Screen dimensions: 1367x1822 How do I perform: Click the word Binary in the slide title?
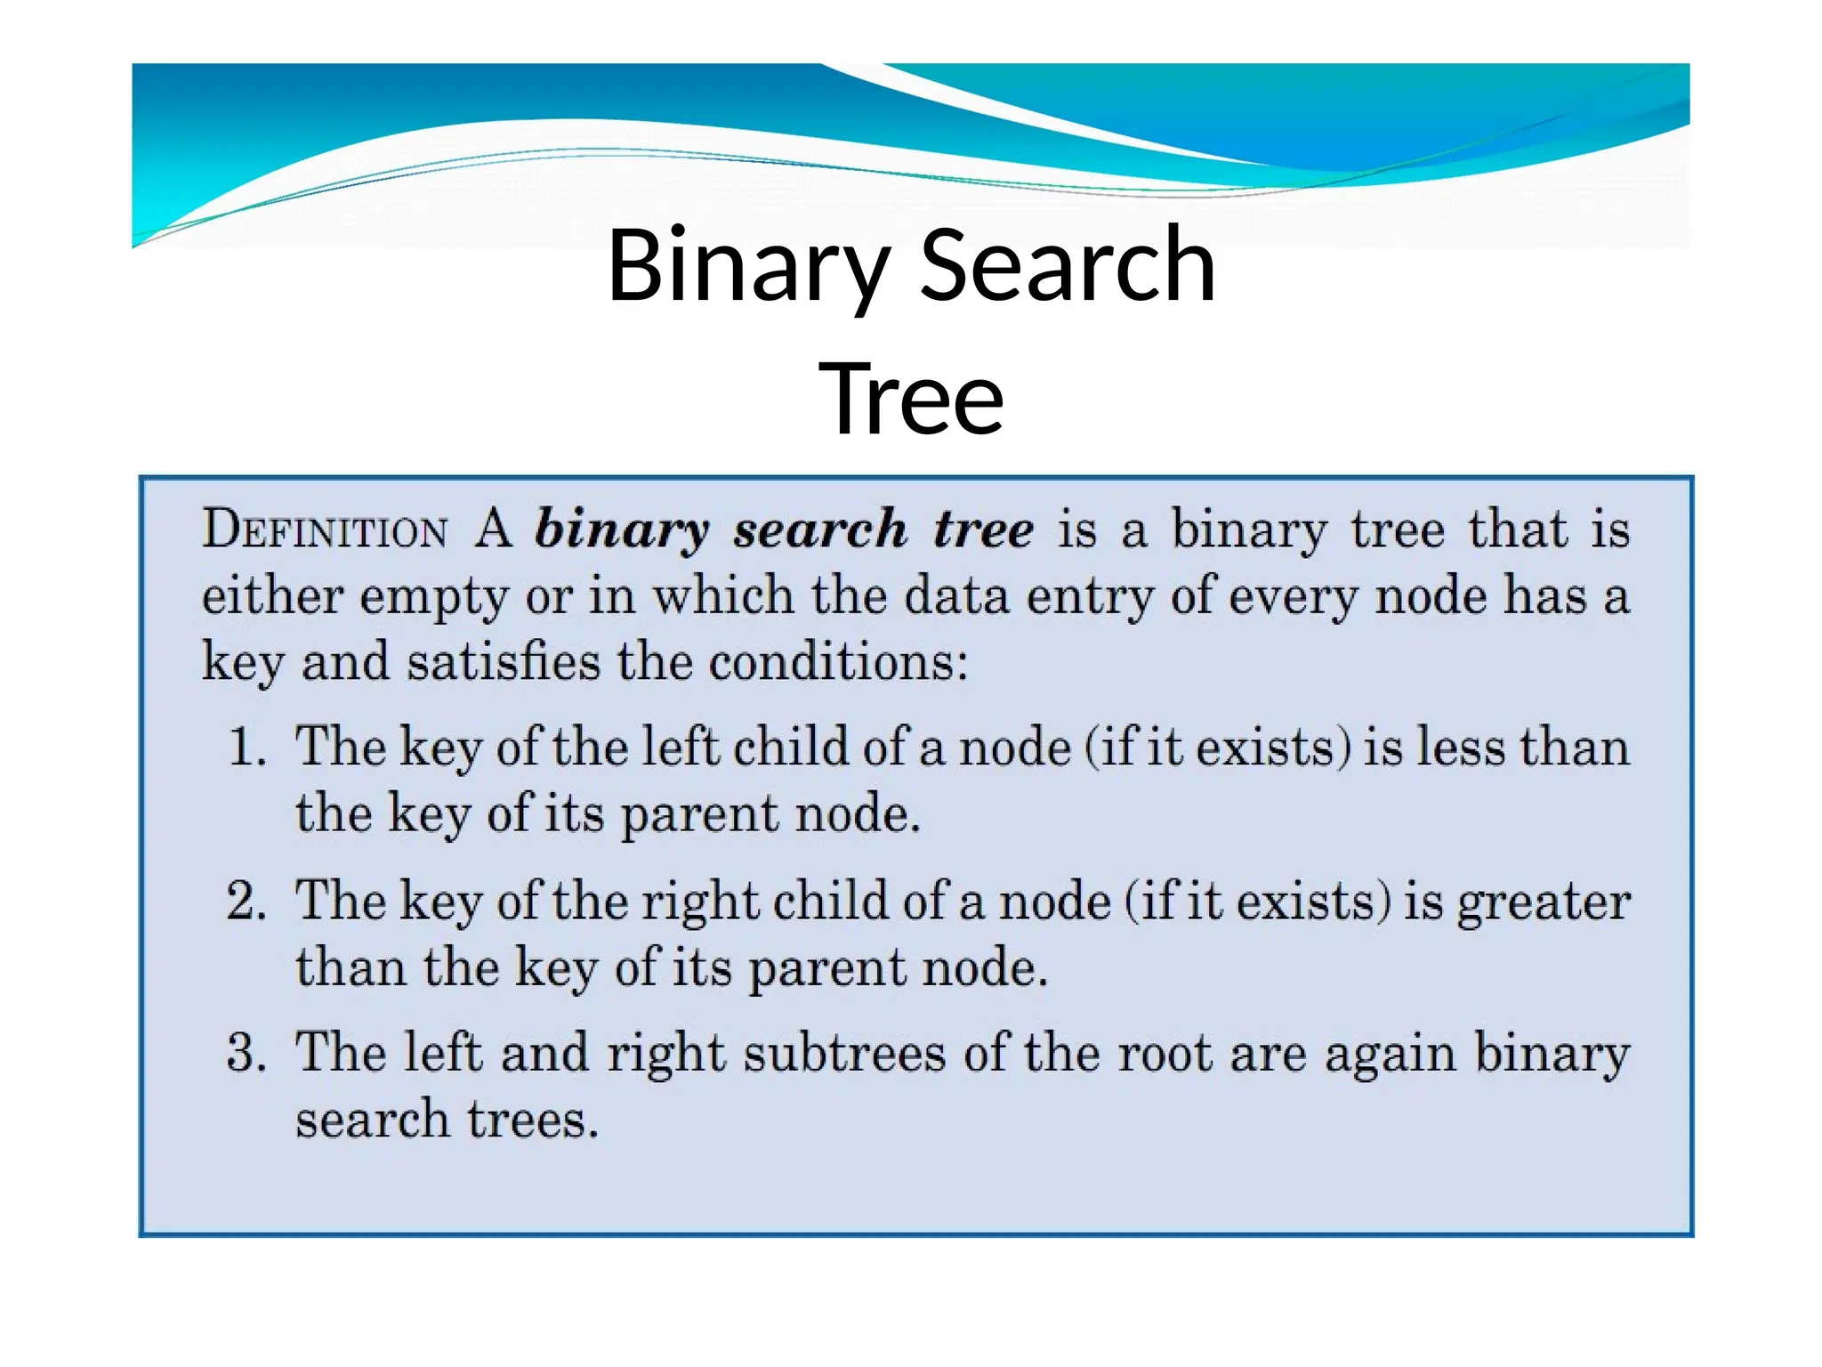[748, 266]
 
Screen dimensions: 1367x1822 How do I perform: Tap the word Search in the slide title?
[1067, 266]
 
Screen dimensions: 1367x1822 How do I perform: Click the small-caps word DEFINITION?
[325, 530]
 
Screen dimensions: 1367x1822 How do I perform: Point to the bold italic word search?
[819, 530]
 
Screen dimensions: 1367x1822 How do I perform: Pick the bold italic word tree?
[983, 530]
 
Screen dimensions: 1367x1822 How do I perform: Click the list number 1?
[246, 746]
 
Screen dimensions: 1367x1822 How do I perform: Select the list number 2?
[246, 900]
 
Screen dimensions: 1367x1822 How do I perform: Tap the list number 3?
[246, 1052]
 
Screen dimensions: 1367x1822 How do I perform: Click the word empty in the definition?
[433, 596]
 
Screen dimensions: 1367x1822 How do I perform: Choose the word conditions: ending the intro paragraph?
[838, 662]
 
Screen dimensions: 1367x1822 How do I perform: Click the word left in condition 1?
[681, 746]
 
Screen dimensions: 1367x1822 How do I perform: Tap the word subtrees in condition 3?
[844, 1052]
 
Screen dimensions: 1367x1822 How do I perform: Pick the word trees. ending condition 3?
[533, 1119]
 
